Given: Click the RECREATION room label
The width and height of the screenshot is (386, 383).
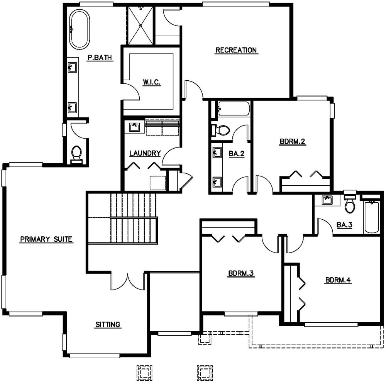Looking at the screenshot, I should tap(236, 50).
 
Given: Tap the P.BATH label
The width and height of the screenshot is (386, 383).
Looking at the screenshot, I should tap(100, 58).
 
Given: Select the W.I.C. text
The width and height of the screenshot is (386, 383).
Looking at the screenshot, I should tap(151, 82).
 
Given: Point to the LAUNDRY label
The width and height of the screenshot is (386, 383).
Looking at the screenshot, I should tap(145, 153).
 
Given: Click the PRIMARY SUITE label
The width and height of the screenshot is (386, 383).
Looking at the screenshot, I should tap(46, 239).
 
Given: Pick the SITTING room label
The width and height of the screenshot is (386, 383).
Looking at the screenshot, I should tap(108, 325).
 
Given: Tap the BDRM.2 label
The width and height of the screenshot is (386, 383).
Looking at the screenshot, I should tap(293, 142).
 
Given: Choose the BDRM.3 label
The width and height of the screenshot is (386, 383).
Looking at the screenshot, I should tap(240, 274).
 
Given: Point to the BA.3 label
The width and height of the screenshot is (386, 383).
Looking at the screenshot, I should tap(344, 225).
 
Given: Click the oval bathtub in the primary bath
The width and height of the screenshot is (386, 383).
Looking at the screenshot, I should tap(79, 29).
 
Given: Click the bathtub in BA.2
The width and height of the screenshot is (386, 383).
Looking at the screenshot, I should tap(233, 109).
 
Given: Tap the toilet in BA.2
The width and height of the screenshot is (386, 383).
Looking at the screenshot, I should tap(220, 130).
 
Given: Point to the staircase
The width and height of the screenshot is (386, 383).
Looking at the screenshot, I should tap(127, 219).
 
